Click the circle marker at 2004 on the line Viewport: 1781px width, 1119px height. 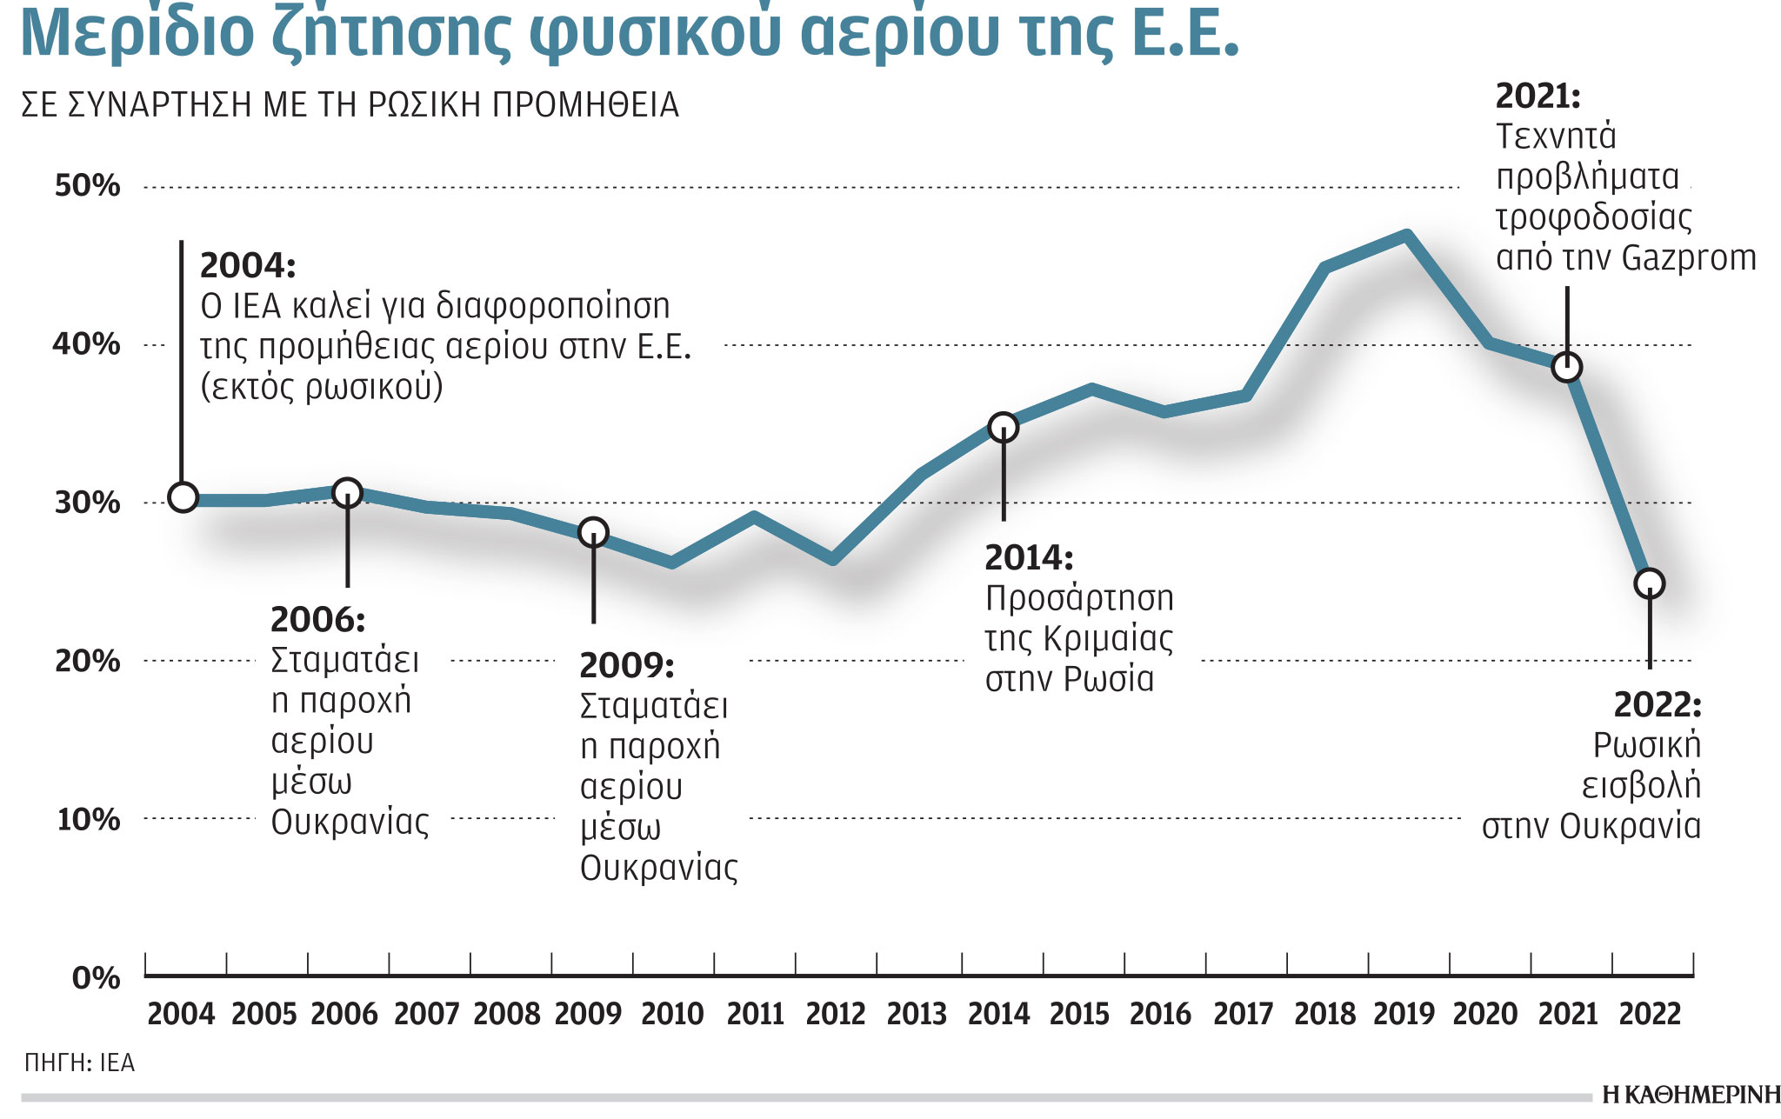183,497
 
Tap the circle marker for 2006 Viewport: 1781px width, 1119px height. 347,493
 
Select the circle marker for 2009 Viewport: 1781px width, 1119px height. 593,531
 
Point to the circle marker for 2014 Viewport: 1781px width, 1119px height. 1004,427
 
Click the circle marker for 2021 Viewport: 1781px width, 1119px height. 1566,367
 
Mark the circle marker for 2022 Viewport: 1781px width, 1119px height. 1650,583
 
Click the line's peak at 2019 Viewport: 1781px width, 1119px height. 1406,234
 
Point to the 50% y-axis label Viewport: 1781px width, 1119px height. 87,185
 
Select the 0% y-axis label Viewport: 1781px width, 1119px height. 96,977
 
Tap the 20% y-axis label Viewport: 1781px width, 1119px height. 87,661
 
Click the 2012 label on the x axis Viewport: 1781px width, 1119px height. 836,1014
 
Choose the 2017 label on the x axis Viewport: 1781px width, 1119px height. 1243,1014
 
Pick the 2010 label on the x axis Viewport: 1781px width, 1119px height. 672,1014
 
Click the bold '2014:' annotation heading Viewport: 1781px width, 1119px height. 1029,557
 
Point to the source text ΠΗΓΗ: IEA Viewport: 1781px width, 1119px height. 79,1062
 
